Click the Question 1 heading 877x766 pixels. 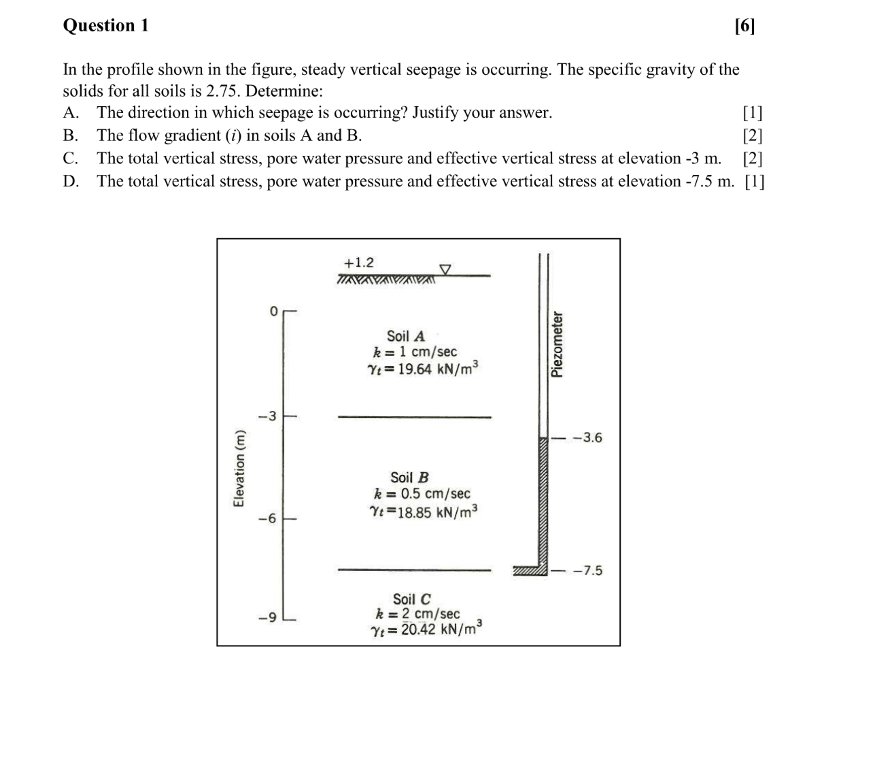pyautogui.click(x=105, y=26)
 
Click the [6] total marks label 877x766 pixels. pyautogui.click(x=744, y=26)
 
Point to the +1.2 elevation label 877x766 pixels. pyautogui.click(x=358, y=263)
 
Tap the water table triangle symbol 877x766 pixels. pyautogui.click(x=445, y=269)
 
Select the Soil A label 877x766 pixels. pyautogui.click(x=406, y=336)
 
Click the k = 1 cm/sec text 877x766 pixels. pyautogui.click(x=415, y=352)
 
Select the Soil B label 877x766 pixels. pyautogui.click(x=409, y=478)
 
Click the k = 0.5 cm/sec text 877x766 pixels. pyautogui.click(x=422, y=494)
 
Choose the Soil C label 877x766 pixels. pyautogui.click(x=411, y=599)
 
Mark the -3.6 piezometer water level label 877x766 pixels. pyautogui.click(x=587, y=437)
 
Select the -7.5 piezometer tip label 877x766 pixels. pyautogui.click(x=587, y=570)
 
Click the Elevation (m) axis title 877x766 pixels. pyautogui.click(x=239, y=469)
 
